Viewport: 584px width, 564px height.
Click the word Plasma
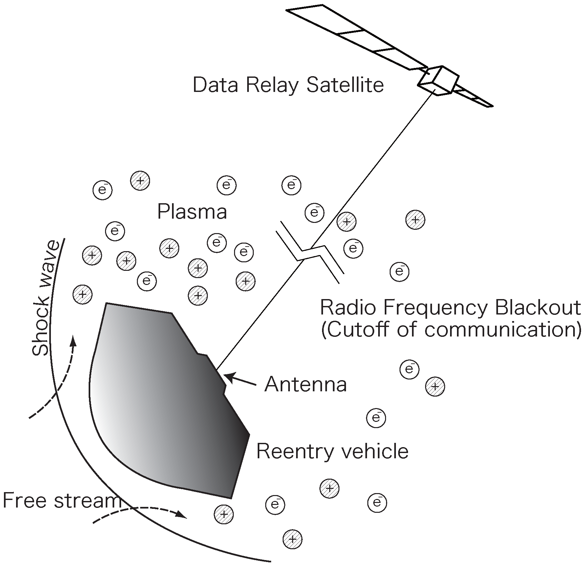192,212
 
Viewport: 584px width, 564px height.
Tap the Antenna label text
306,384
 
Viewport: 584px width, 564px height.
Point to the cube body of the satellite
438,80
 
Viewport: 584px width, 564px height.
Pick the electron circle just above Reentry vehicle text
376,418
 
